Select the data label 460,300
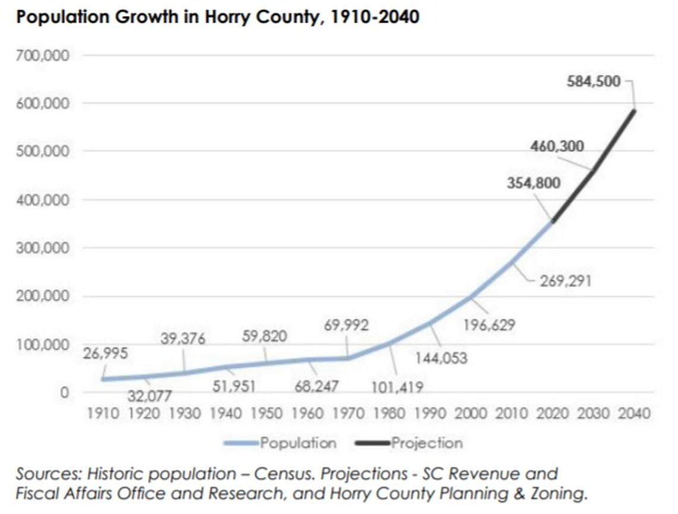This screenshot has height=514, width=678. [557, 146]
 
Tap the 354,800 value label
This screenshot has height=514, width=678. [533, 183]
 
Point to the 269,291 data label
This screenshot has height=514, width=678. [565, 280]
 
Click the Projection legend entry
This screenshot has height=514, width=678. [426, 443]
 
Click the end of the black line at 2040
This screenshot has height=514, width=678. [634, 111]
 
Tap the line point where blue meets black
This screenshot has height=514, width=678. [553, 222]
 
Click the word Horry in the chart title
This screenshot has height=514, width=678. [231, 17]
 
